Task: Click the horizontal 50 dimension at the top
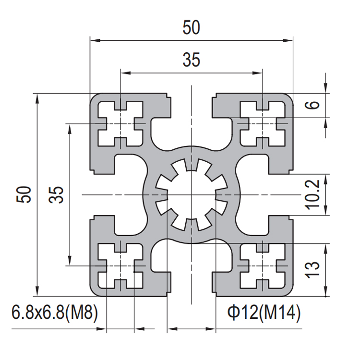pos(191,27)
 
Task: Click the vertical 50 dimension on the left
pos(24,194)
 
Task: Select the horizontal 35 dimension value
pos(191,60)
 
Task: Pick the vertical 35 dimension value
pos(56,194)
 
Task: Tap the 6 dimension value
pos(312,105)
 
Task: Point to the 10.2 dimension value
pos(312,195)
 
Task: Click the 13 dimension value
pos(312,270)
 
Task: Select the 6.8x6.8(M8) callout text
pos(55,312)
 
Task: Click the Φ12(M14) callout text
pos(264,312)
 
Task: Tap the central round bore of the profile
pos(192,195)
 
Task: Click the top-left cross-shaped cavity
pos(120,123)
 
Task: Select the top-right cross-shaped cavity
pos(263,123)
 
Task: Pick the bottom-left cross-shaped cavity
pos(120,266)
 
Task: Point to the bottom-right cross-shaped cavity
pos(263,266)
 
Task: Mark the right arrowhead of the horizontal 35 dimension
pos(257,73)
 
